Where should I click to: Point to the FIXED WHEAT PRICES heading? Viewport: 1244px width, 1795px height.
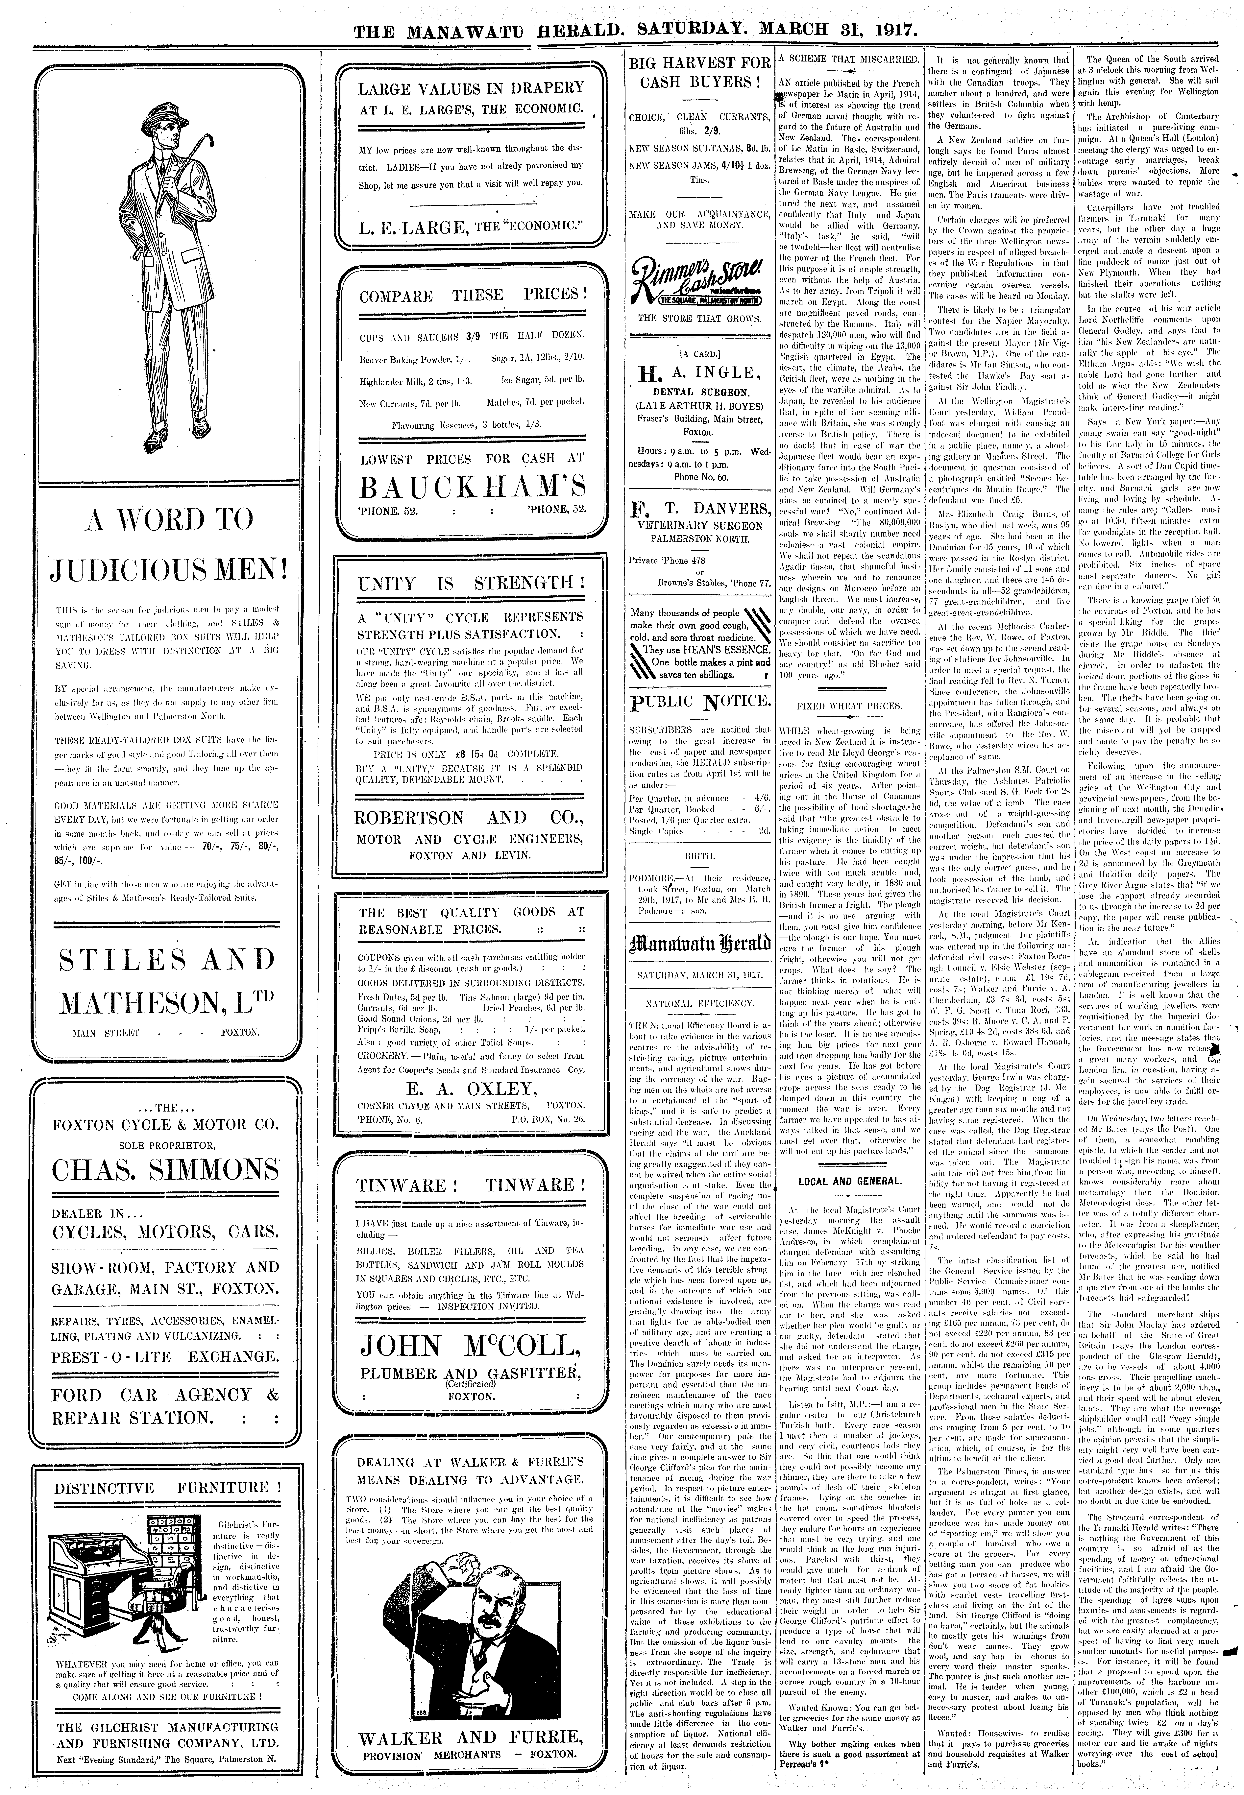tap(850, 706)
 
